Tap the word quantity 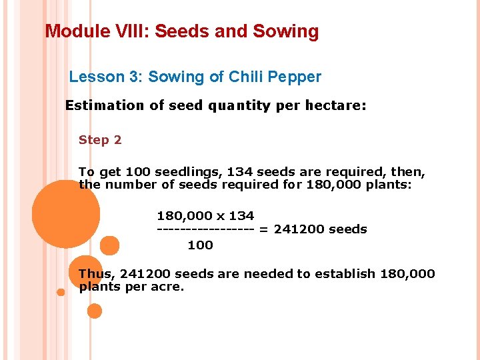(x=238, y=105)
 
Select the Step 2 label (x=100, y=140)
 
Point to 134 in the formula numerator (x=241, y=215)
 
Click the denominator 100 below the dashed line (x=200, y=245)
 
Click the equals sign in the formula (x=263, y=229)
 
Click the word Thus (x=95, y=273)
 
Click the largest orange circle (x=65, y=214)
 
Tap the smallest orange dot (x=61, y=292)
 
